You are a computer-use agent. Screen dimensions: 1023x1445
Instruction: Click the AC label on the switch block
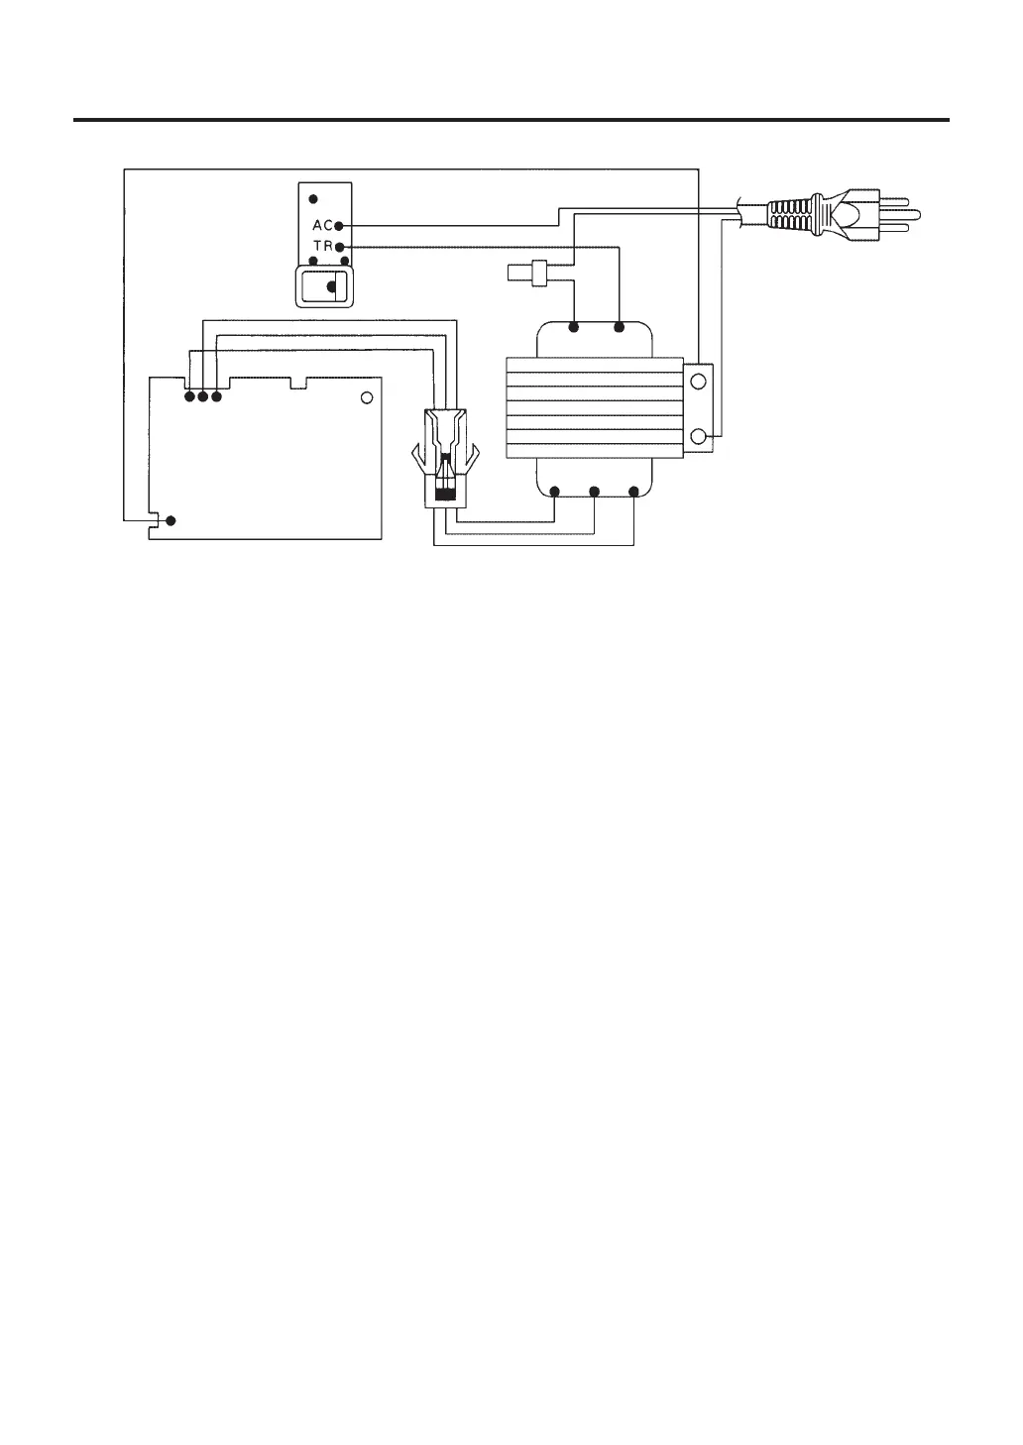pyautogui.click(x=321, y=226)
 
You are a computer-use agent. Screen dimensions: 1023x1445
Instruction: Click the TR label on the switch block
pyautogui.click(x=321, y=245)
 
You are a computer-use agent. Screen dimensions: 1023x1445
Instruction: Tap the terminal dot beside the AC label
pyautogui.click(x=339, y=226)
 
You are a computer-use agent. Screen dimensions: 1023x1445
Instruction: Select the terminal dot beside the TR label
pyautogui.click(x=339, y=245)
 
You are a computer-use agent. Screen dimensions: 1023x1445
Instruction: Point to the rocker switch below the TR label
pyautogui.click(x=325, y=287)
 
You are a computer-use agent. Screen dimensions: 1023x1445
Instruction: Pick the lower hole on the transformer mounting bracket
pyautogui.click(x=698, y=436)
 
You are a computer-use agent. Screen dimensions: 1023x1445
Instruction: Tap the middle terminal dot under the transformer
pyautogui.click(x=593, y=492)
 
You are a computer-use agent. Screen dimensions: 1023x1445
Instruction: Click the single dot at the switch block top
pyautogui.click(x=313, y=198)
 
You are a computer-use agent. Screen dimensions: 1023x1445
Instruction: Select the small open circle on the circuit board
pyautogui.click(x=366, y=397)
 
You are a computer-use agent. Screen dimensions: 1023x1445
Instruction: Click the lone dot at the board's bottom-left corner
pyautogui.click(x=170, y=520)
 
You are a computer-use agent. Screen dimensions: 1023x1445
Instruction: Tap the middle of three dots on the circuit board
pyautogui.click(x=202, y=397)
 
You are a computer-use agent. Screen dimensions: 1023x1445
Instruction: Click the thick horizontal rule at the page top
pyautogui.click(x=511, y=121)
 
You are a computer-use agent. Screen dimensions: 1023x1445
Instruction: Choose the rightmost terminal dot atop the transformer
pyautogui.click(x=620, y=326)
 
